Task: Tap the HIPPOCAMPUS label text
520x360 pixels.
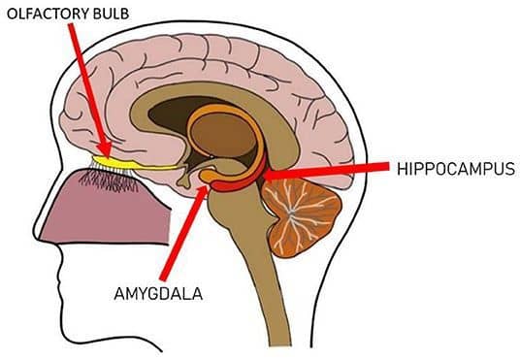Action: (456, 169)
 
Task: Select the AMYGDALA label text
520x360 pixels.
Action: (158, 294)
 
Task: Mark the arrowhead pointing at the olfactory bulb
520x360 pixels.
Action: (107, 150)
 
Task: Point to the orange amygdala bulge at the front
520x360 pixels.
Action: (209, 175)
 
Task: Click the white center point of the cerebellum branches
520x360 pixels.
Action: (291, 212)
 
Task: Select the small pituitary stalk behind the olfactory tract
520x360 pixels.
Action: (184, 180)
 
